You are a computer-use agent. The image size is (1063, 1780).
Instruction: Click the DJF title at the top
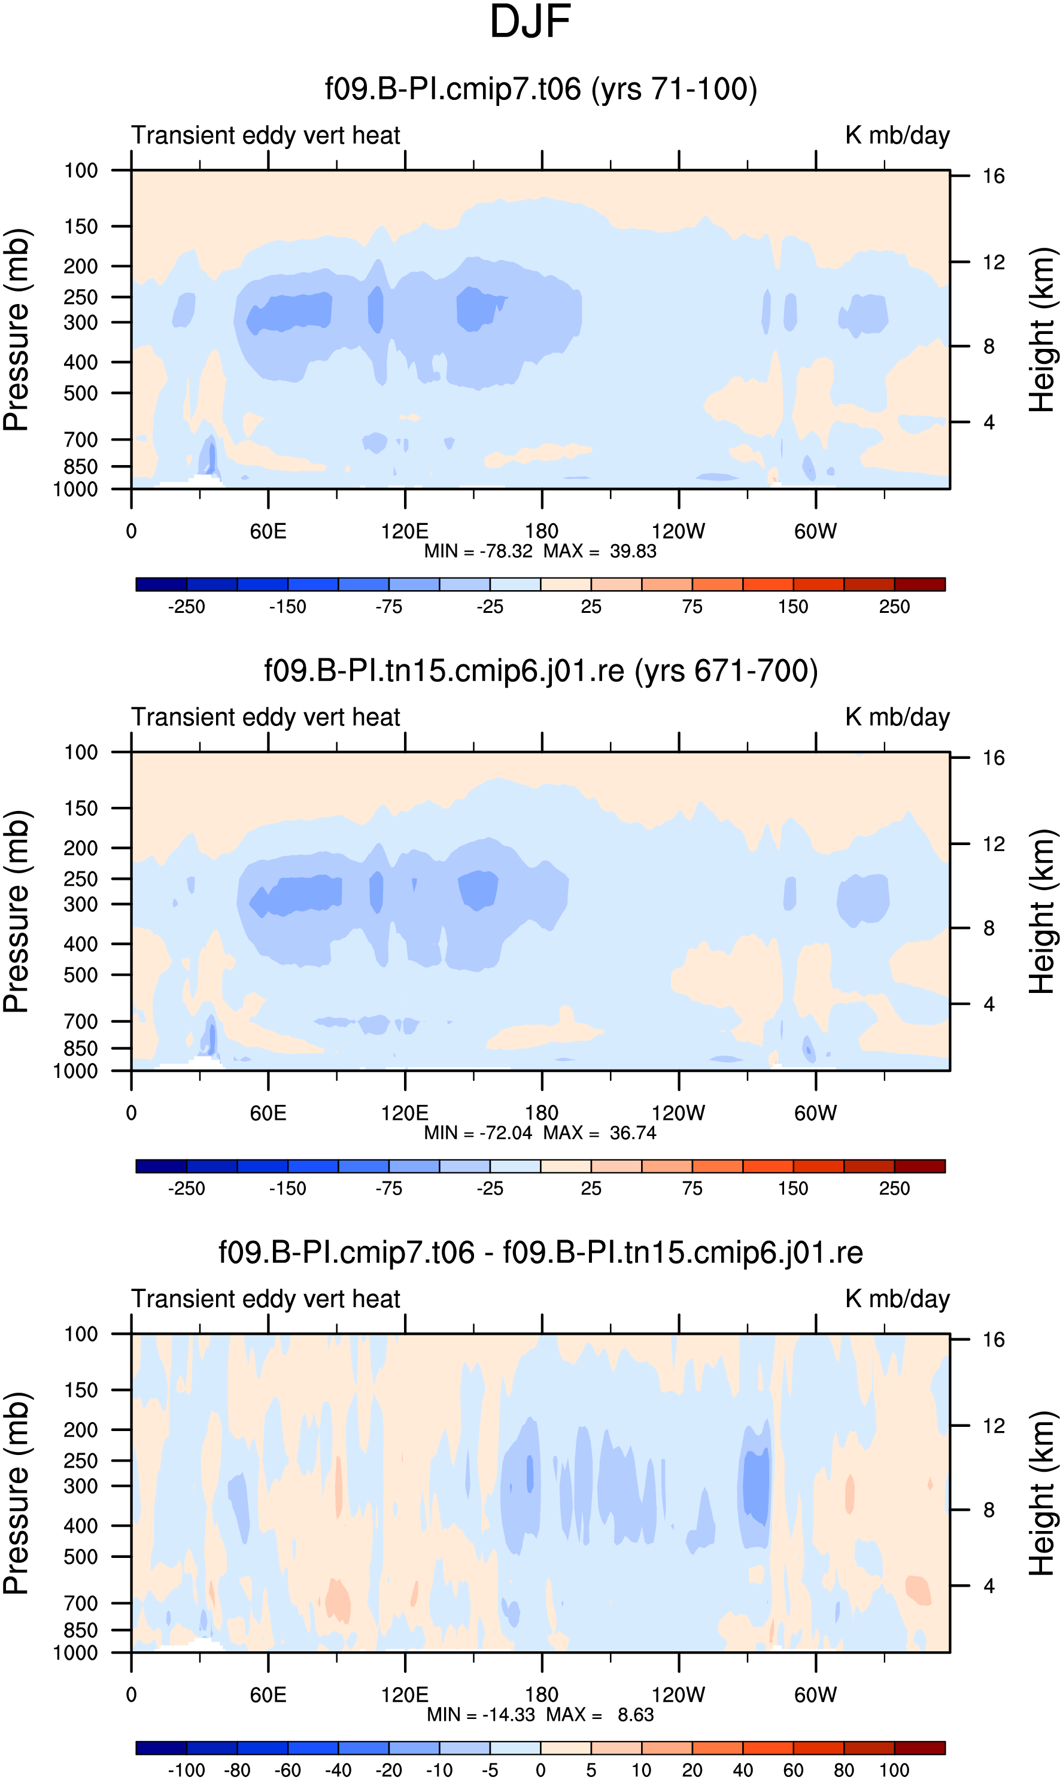(x=530, y=22)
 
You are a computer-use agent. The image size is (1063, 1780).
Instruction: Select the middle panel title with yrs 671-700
(x=541, y=671)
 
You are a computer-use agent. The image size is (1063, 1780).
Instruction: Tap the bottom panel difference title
(x=541, y=1253)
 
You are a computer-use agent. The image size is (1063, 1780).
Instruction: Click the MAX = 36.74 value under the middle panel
(x=600, y=1132)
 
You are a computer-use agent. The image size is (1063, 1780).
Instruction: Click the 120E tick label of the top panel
(x=405, y=531)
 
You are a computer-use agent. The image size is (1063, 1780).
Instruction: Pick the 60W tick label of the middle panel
(x=815, y=1113)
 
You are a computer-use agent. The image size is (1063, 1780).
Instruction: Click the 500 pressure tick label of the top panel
(x=81, y=393)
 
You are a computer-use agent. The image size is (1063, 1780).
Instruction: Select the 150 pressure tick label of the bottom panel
(x=81, y=1390)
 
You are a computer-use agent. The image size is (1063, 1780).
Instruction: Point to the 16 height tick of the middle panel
(x=994, y=758)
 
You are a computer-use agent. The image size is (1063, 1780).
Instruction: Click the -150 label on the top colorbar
(x=287, y=607)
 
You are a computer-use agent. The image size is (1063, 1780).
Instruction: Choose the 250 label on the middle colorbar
(x=895, y=1188)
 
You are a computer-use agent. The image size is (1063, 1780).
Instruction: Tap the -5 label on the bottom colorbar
(x=490, y=1770)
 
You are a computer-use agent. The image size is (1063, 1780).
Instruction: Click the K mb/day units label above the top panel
(x=898, y=135)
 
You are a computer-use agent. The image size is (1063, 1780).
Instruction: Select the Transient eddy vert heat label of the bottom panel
(x=266, y=1299)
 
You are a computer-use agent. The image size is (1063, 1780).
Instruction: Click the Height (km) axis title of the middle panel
(x=1042, y=911)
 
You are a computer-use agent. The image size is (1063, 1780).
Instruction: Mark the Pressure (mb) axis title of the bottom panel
(x=16, y=1493)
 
